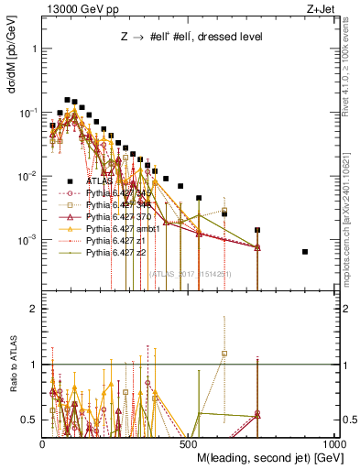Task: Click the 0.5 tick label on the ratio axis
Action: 30,420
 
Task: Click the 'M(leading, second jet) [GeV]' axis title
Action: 267,456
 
